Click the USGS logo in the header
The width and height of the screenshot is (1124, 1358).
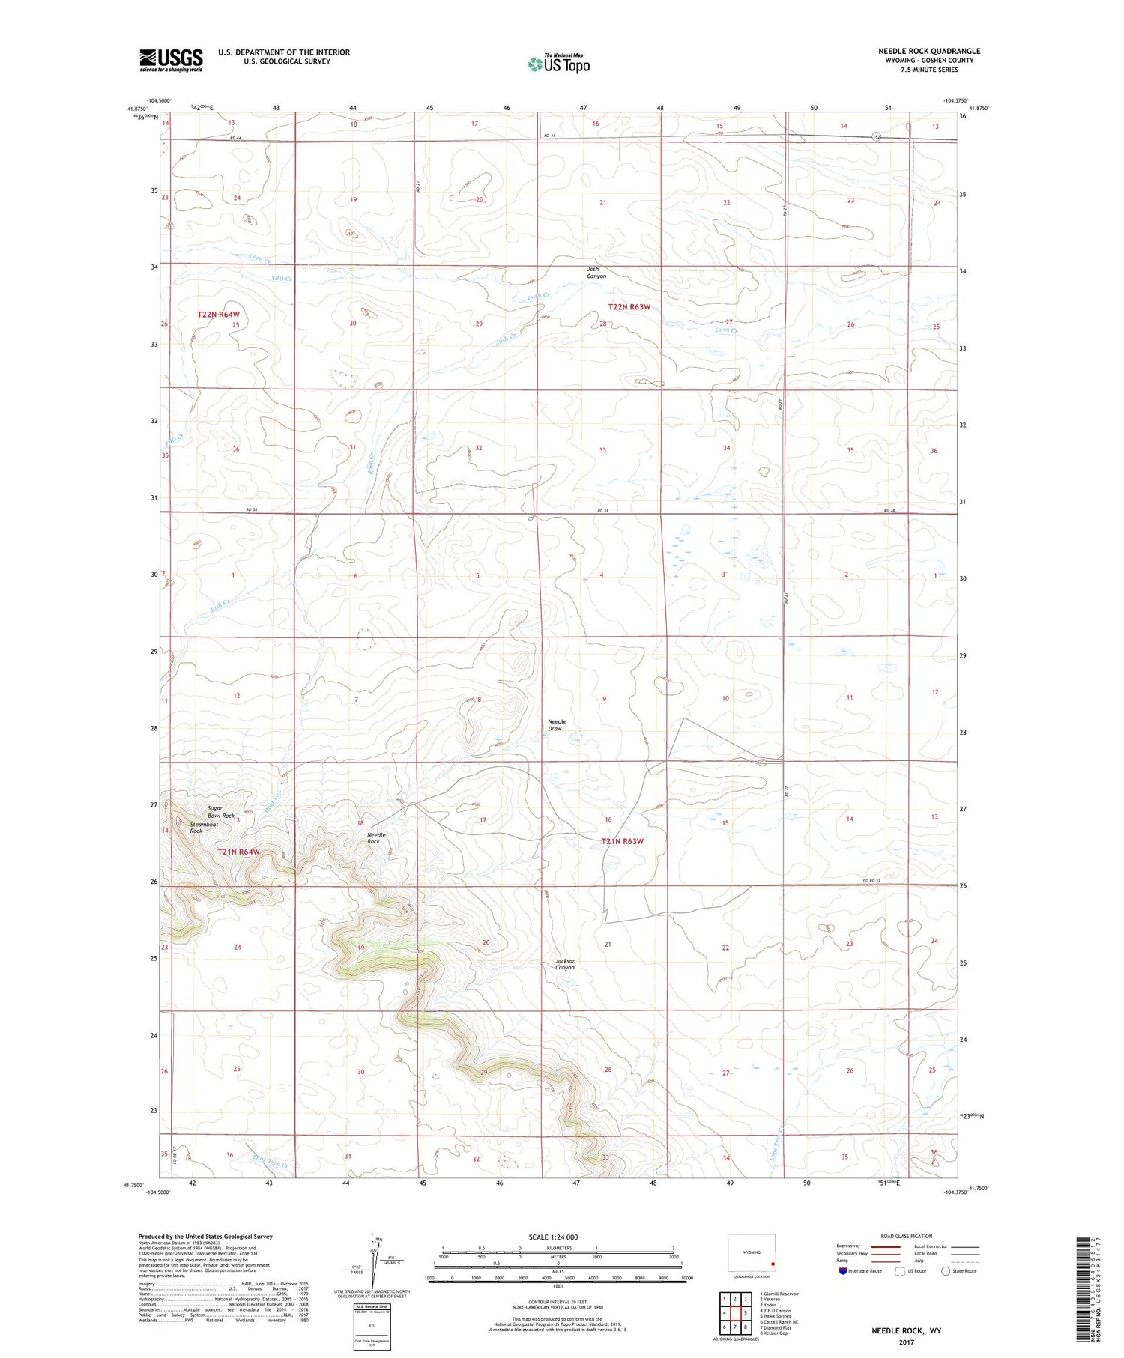(171, 60)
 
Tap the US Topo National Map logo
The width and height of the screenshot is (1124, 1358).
(558, 64)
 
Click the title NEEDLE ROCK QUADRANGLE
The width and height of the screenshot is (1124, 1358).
(929, 51)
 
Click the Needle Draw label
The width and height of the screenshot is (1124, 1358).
(557, 725)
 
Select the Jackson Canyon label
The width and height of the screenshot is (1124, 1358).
(565, 964)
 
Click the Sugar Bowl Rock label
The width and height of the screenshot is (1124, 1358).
(221, 812)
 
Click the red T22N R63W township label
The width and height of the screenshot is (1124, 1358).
(629, 307)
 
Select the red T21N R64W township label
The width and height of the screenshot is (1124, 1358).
(238, 852)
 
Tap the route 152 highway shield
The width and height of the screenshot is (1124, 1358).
(876, 137)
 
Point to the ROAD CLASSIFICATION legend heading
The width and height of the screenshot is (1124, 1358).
(907, 1236)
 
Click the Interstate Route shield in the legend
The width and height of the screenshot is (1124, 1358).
(843, 1270)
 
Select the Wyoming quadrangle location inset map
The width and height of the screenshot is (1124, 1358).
(752, 1253)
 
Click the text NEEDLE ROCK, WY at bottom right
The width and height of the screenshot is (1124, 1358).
(906, 1330)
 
